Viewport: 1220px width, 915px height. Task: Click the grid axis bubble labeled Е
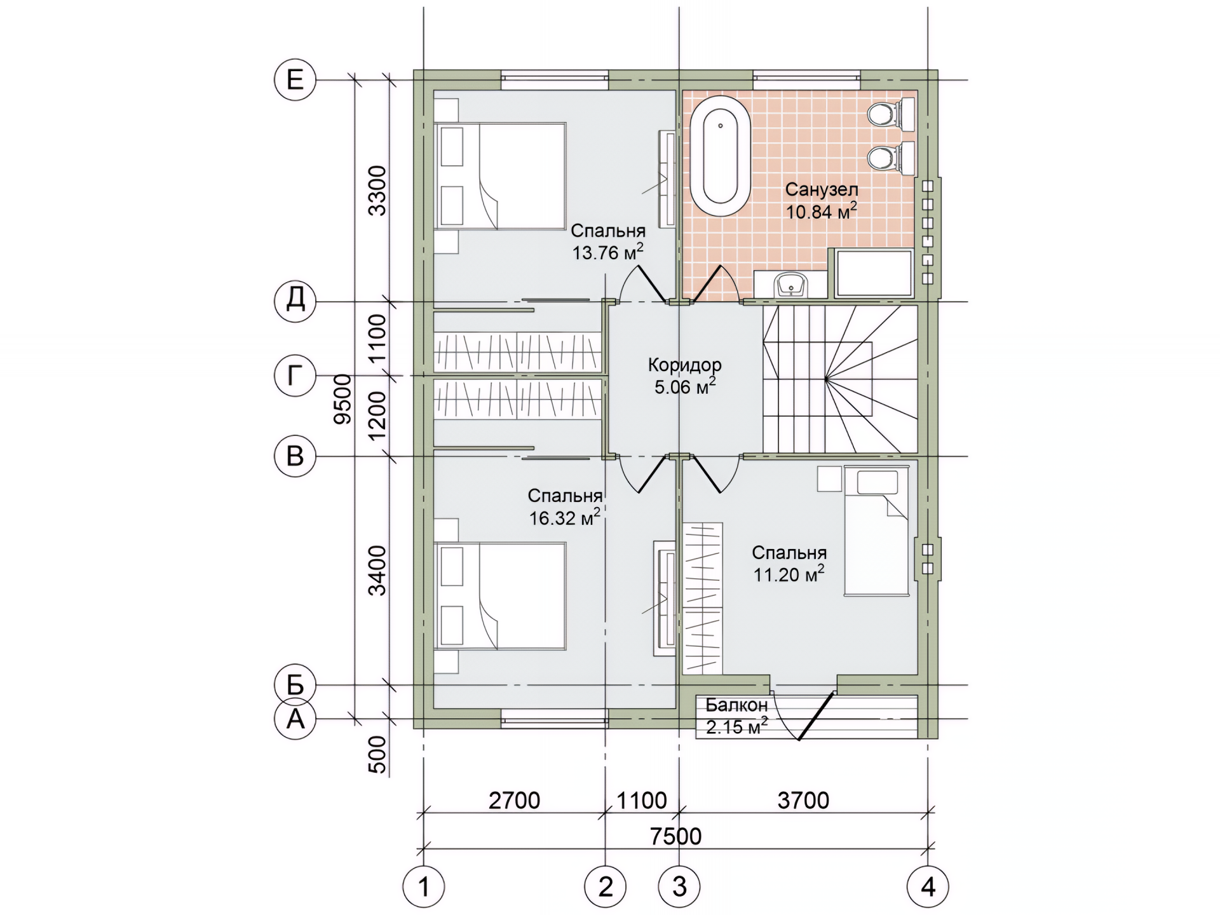pyautogui.click(x=295, y=80)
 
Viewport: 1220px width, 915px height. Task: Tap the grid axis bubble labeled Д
pyautogui.click(x=295, y=300)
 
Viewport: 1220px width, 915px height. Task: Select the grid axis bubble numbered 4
pyautogui.click(x=928, y=886)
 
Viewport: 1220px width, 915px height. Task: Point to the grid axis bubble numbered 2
pyautogui.click(x=605, y=886)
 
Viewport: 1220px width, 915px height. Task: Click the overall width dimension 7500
pyautogui.click(x=676, y=836)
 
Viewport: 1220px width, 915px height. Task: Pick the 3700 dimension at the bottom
pyautogui.click(x=803, y=800)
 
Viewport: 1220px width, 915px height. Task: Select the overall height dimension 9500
pyautogui.click(x=343, y=399)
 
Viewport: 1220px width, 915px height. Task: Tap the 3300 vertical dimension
pyautogui.click(x=378, y=190)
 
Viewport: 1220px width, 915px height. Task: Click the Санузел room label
pyautogui.click(x=822, y=189)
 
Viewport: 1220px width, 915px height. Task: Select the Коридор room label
pyautogui.click(x=685, y=365)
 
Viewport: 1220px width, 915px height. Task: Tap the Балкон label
pyautogui.click(x=736, y=705)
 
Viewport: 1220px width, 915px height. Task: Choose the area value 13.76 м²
pyautogui.click(x=607, y=252)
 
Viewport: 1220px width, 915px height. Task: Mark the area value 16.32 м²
pyautogui.click(x=565, y=518)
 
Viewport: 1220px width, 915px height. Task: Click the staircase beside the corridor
pyautogui.click(x=840, y=379)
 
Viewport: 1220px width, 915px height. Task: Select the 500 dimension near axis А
pyautogui.click(x=378, y=754)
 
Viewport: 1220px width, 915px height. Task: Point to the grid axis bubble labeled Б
pyautogui.click(x=295, y=685)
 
